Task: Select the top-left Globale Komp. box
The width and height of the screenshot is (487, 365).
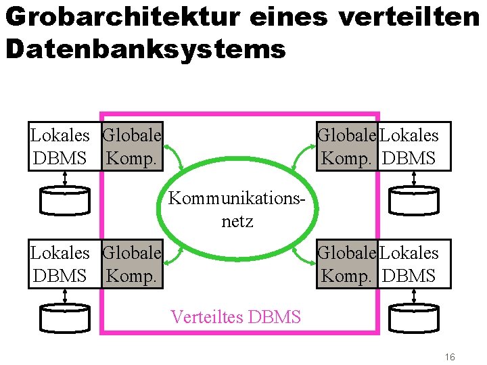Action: pos(133,147)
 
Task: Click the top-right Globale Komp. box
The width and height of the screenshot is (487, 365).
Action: pos(347,147)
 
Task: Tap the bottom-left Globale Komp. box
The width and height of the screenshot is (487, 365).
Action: pos(133,264)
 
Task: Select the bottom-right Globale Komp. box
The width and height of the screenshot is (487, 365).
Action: pos(347,264)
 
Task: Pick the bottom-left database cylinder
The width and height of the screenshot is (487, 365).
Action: pos(64,316)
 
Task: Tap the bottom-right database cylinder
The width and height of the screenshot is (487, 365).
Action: pos(413,316)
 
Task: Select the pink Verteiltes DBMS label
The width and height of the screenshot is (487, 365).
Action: pos(236,316)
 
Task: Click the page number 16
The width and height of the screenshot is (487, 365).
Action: pos(450,356)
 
